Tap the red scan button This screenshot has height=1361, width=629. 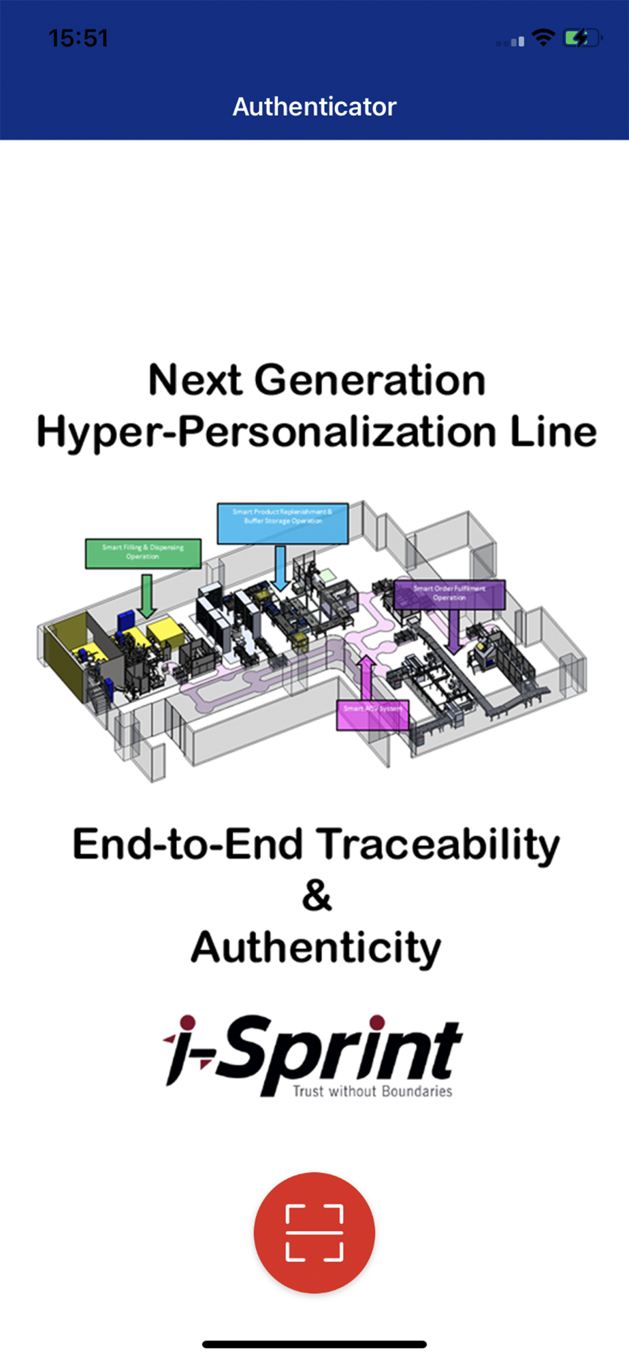[x=314, y=1232]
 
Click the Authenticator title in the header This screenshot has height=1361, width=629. [x=314, y=107]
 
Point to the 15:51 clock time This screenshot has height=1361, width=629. [x=78, y=38]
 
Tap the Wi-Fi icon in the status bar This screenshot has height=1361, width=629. [x=543, y=37]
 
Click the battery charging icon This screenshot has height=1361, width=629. [x=582, y=37]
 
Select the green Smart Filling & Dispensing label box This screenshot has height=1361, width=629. [x=143, y=553]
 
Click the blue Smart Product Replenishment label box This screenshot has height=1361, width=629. [x=283, y=523]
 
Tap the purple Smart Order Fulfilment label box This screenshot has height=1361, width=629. [x=449, y=594]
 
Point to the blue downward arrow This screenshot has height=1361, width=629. [x=280, y=568]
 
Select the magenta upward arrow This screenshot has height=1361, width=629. [x=366, y=677]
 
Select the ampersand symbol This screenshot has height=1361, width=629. [x=317, y=896]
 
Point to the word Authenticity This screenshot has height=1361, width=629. [x=316, y=948]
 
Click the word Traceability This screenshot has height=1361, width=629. [x=439, y=845]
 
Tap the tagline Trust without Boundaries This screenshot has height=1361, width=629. [x=372, y=1092]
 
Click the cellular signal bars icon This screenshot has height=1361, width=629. [x=511, y=42]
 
